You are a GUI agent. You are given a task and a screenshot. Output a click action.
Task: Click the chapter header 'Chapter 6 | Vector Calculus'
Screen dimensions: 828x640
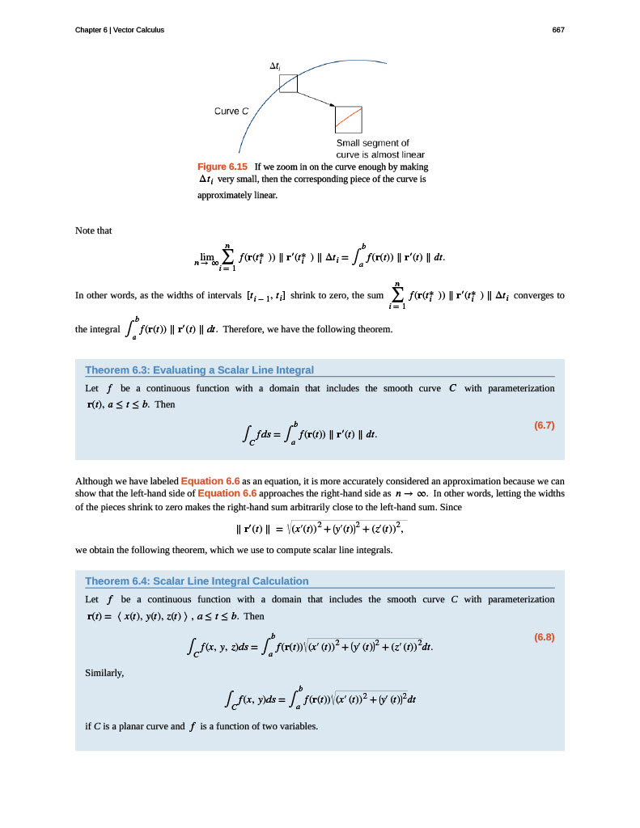point(120,30)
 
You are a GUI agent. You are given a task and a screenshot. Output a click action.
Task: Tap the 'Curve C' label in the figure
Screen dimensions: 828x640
point(231,111)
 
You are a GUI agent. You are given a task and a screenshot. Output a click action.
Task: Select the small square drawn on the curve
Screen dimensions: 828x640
point(288,83)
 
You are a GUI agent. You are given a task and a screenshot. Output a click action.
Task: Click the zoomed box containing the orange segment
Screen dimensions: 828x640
point(349,120)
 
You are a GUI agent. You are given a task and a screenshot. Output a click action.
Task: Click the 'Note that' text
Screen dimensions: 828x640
point(93,231)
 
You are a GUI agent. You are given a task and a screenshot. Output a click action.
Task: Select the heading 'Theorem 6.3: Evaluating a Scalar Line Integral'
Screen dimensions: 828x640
point(199,370)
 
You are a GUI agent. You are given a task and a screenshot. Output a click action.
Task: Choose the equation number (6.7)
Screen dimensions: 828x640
point(545,425)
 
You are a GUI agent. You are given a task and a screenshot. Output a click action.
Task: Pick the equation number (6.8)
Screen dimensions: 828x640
point(545,636)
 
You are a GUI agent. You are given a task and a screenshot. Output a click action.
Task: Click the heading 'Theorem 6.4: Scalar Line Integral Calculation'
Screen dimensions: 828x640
point(197,581)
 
